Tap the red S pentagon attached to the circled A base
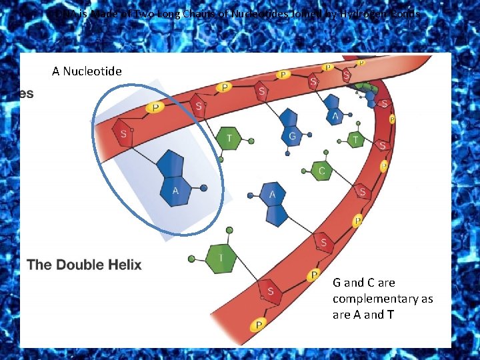(x=123, y=134)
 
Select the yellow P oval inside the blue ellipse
(x=156, y=107)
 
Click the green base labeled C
(x=321, y=171)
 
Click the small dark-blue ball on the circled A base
(x=204, y=188)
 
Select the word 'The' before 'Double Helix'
(x=39, y=265)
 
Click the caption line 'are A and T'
(x=363, y=315)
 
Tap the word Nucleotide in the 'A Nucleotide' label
(x=92, y=71)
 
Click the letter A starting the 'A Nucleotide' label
(x=56, y=71)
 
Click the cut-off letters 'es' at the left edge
(x=25, y=94)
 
